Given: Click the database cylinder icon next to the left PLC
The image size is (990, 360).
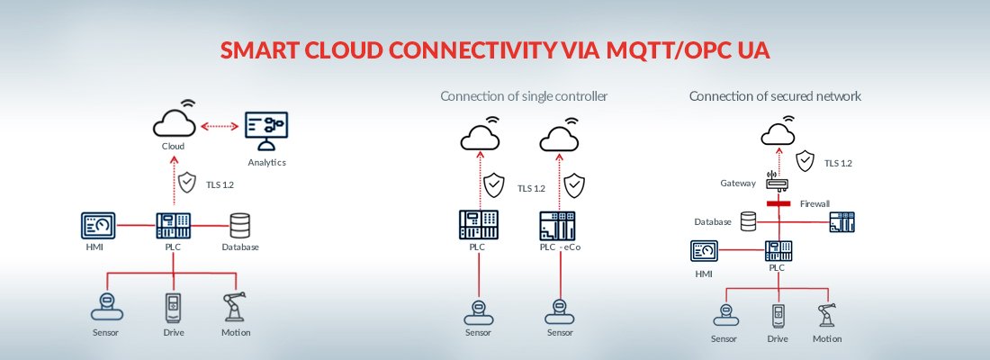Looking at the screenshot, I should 239,224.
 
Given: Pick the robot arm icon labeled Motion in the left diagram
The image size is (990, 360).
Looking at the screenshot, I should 236,307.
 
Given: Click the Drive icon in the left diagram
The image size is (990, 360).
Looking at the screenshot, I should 172,307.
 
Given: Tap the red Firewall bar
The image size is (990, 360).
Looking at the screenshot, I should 777,204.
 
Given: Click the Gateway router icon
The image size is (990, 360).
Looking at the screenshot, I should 776,182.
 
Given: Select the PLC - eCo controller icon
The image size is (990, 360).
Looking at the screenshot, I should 557,224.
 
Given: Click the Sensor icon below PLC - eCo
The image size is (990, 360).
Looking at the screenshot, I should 559,310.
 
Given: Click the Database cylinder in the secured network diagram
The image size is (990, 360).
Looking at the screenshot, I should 748,221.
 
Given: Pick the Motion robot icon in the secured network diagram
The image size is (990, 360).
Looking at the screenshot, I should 825,315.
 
